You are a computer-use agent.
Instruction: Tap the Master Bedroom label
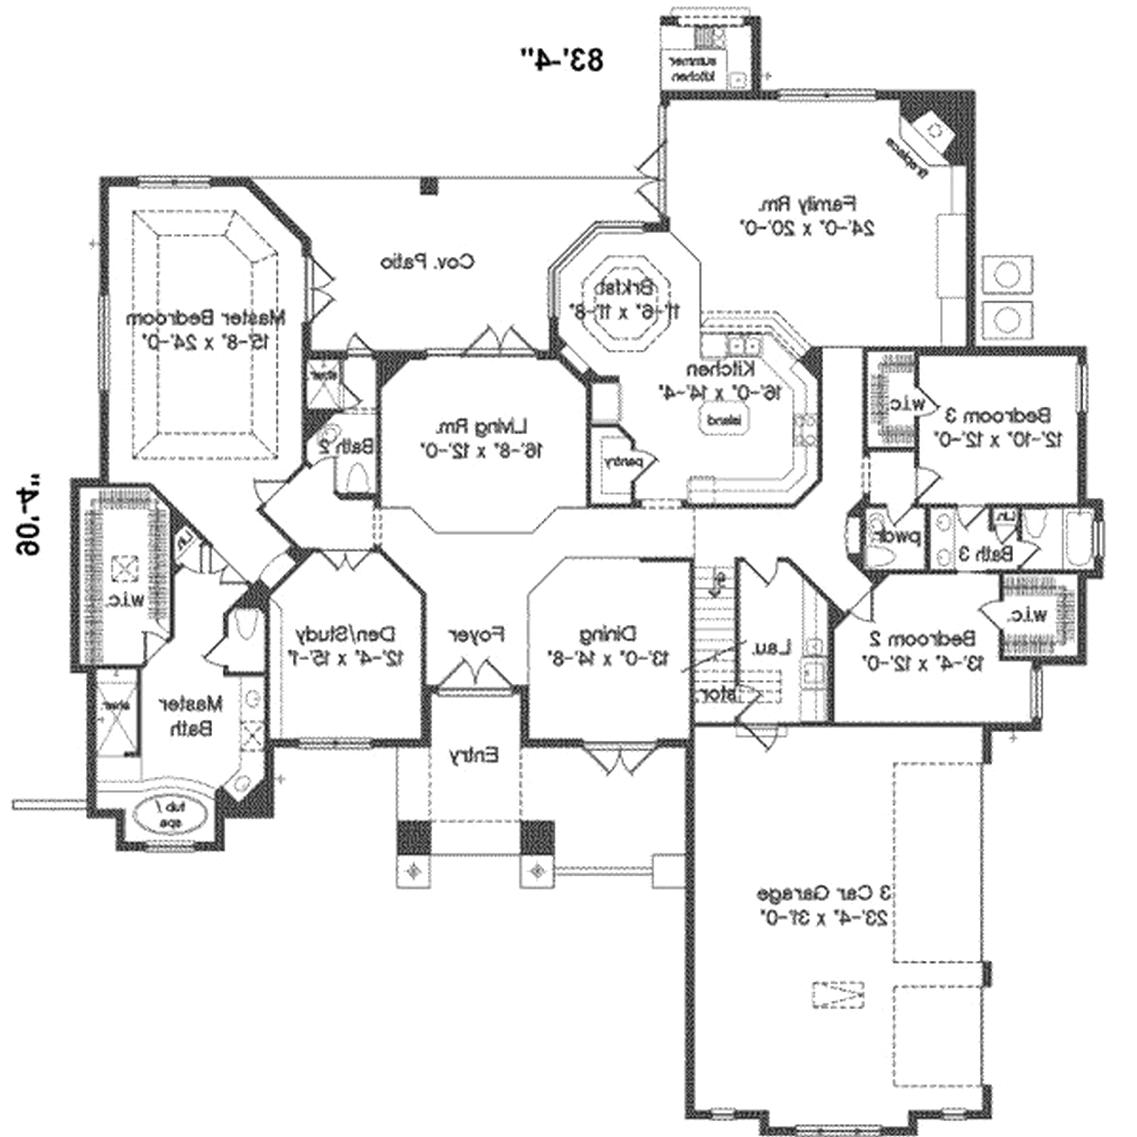[x=206, y=318]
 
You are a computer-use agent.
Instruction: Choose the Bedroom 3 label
[x=998, y=415]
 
